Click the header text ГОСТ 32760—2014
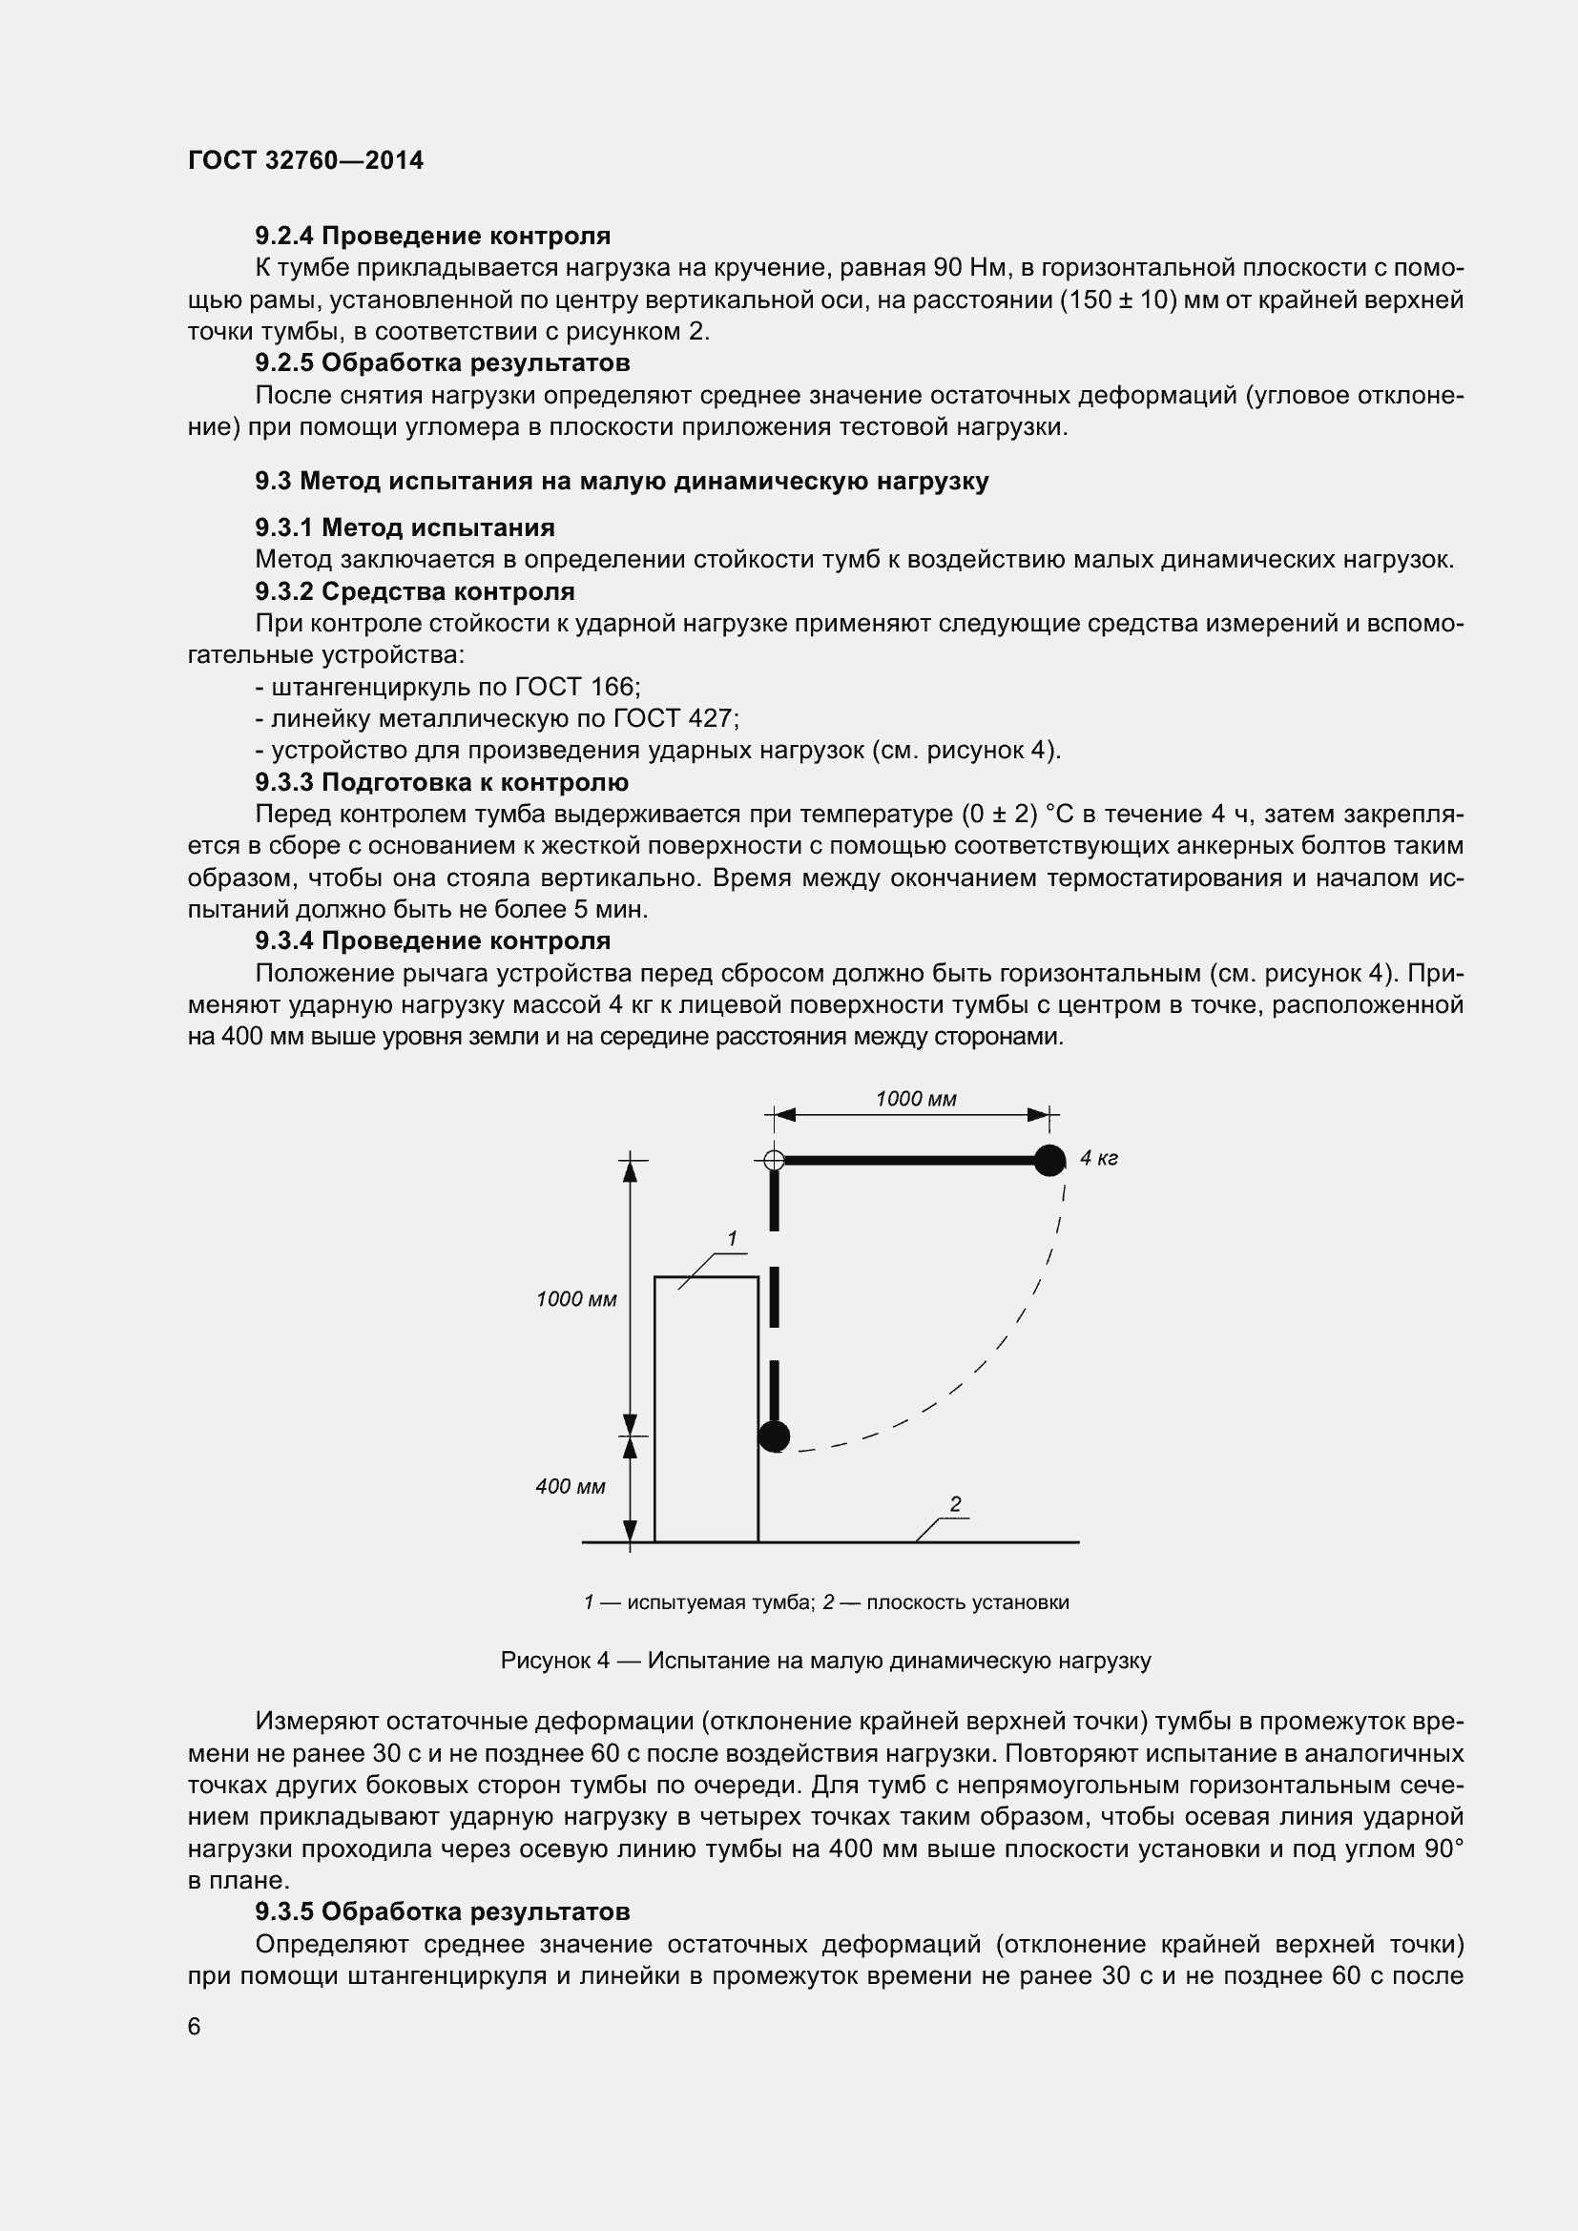click(306, 161)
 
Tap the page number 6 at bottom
click(195, 2027)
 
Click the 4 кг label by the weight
click(1099, 1158)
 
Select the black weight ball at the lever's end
click(1049, 1160)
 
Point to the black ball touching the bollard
click(774, 1436)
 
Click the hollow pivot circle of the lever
click(774, 1160)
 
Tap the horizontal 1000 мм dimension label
click(915, 1099)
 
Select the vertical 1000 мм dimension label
click(576, 1299)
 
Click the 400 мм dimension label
click(571, 1486)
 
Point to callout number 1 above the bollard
click(732, 1239)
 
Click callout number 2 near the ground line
click(955, 1504)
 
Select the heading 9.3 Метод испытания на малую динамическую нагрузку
click(622, 481)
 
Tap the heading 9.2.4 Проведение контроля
click(432, 237)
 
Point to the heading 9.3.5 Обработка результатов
click(442, 1912)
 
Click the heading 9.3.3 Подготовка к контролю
click(441, 782)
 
